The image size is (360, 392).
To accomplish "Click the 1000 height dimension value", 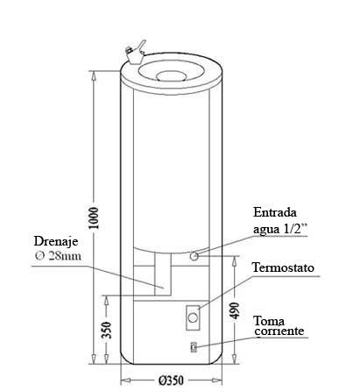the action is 94,218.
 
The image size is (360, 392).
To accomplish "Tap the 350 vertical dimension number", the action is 107,330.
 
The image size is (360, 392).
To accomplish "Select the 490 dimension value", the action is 234,310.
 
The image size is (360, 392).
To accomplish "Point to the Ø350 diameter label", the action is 172,381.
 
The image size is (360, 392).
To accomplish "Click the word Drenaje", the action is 56,241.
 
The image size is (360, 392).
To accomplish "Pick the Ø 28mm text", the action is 58,256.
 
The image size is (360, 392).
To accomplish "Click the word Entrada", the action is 275,212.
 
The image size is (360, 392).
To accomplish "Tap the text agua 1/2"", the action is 280,229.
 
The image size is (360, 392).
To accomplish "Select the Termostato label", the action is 283,267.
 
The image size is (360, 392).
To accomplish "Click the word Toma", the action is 269,321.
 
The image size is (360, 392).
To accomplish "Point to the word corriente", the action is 279,331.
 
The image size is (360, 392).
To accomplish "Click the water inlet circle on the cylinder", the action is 194,256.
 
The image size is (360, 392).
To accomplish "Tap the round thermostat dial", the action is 193,317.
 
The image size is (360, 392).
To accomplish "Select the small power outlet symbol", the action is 194,347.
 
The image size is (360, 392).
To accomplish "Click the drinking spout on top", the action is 135,53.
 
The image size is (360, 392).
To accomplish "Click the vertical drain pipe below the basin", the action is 163,274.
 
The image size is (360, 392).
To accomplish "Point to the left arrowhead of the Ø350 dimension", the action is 125,381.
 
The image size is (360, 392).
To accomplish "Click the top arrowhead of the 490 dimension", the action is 234,261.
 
